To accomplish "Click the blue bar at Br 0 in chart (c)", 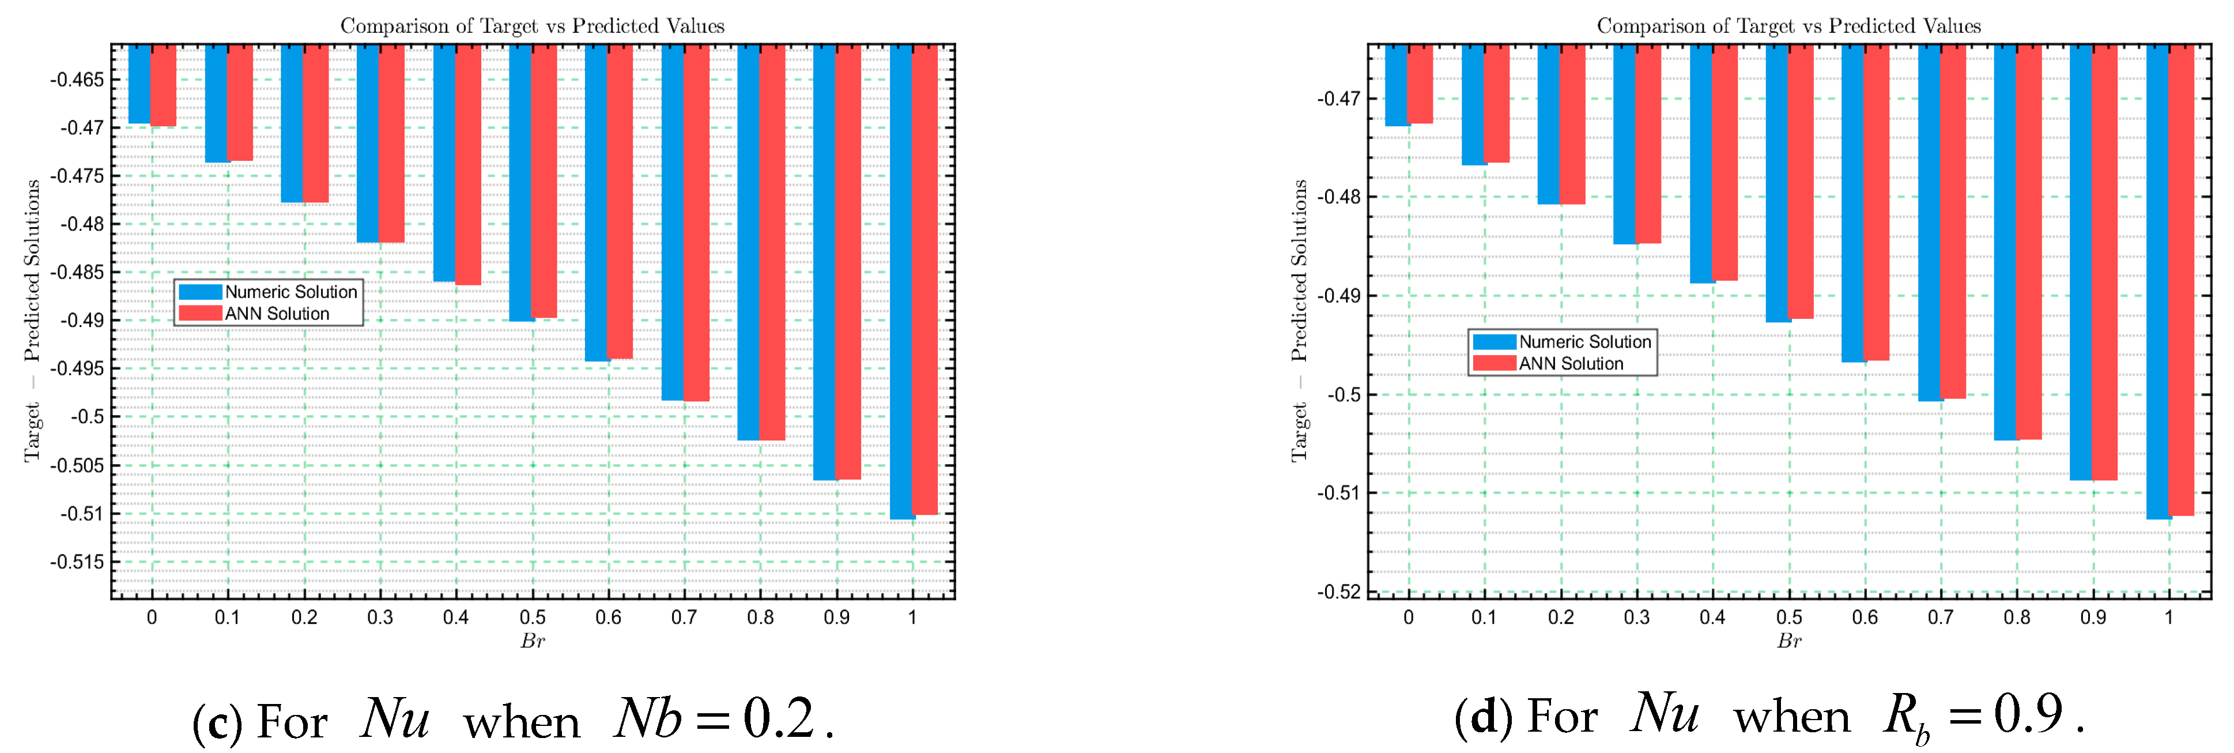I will pos(139,84).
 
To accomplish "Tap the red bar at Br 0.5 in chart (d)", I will pos(1801,182).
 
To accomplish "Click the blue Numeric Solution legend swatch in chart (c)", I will pos(199,292).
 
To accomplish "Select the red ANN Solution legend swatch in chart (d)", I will pos(1493,363).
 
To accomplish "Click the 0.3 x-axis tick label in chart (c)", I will pos(380,618).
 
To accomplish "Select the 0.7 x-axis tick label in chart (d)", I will pos(1941,618).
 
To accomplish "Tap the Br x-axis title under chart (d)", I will pos(1789,641).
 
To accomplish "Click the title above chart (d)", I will pos(1788,26).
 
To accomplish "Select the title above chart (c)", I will pos(531,26).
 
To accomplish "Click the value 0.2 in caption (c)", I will pos(778,718).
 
